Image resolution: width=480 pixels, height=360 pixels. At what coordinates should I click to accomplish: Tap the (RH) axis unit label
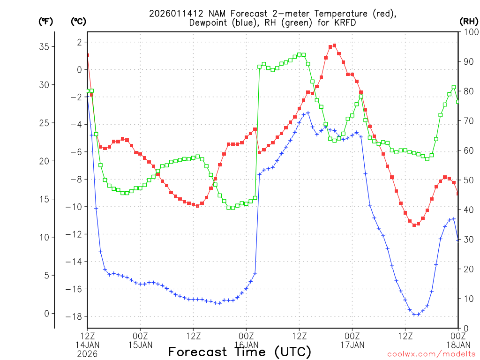point(469,21)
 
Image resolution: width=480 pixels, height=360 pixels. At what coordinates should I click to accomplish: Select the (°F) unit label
point(45,21)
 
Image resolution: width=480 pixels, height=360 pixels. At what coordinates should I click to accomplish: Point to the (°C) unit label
point(78,21)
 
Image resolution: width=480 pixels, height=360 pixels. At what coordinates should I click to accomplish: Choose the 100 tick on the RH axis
point(470,32)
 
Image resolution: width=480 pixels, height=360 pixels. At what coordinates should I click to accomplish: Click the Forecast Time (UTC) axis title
point(240,352)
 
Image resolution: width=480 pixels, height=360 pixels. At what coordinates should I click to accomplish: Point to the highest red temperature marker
point(334,45)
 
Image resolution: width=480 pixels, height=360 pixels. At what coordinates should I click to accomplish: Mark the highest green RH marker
point(300,54)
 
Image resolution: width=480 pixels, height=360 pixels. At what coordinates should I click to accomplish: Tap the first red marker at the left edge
point(87,55)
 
